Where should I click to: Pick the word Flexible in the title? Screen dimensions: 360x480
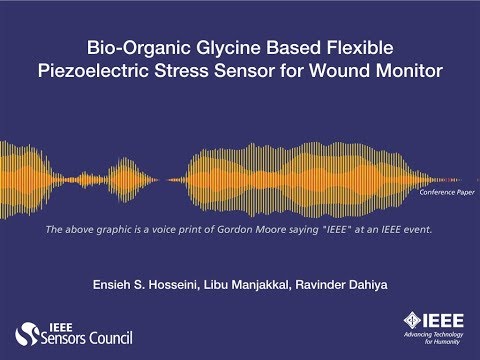coord(347,48)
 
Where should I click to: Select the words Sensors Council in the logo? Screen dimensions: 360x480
coord(89,339)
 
